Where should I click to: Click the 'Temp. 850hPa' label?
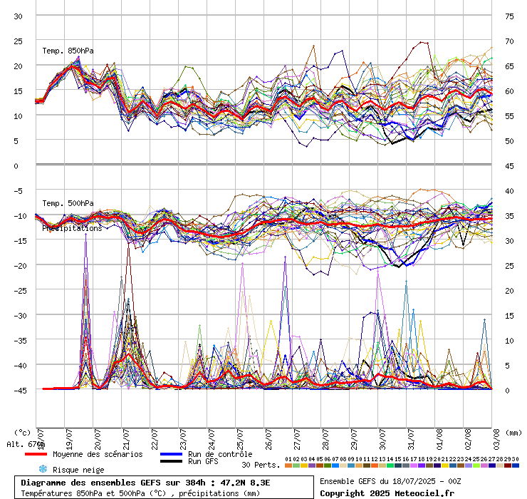68,51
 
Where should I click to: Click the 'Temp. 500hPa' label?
68,204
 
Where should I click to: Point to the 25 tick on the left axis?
19,41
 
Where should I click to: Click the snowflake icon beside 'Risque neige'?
42,469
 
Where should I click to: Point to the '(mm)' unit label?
515,432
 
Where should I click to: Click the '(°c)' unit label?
22,432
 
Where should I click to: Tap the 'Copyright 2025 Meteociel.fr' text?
387,493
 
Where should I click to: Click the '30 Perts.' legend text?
261,465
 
